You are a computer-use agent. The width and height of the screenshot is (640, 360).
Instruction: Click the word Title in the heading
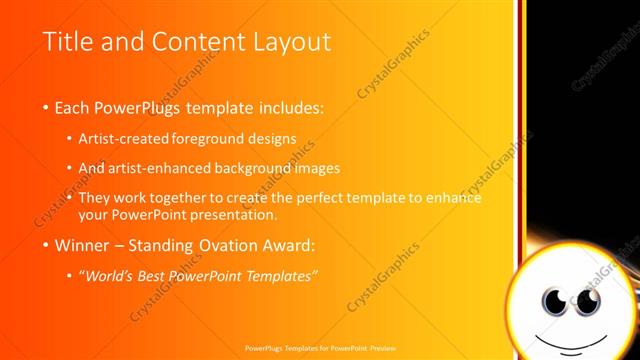(x=68, y=42)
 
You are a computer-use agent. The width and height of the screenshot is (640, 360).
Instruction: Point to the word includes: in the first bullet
(x=287, y=107)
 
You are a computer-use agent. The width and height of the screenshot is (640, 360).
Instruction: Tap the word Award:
(x=291, y=244)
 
